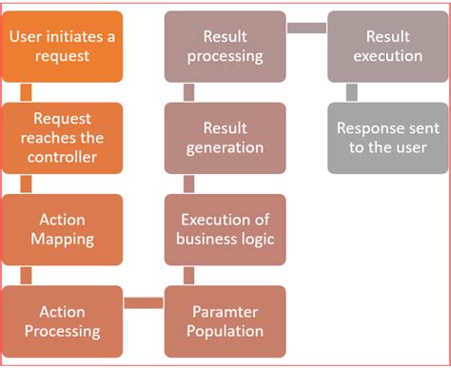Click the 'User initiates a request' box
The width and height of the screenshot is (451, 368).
click(63, 47)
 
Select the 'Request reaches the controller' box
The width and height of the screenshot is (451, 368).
click(63, 138)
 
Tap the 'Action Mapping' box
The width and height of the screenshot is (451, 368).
click(63, 229)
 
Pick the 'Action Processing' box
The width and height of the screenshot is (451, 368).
click(63, 321)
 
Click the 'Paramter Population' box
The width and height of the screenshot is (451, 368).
click(225, 321)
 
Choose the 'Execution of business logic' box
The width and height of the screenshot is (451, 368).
click(225, 229)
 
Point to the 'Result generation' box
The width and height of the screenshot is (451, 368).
click(225, 138)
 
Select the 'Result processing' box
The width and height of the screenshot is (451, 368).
click(225, 47)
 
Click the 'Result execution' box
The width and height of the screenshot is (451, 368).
click(387, 47)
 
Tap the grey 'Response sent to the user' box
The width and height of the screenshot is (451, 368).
click(387, 138)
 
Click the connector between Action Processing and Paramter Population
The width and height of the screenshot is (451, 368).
click(144, 303)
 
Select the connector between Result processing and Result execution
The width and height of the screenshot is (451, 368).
click(306, 28)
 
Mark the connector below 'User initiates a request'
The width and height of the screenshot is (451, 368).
click(26, 92)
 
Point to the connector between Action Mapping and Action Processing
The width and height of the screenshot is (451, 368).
click(26, 276)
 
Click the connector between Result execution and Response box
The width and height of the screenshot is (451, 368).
click(351, 92)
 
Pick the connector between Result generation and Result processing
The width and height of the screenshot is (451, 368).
click(188, 92)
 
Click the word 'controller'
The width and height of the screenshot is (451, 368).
click(63, 156)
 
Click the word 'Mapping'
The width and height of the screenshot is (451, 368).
click(63, 239)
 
